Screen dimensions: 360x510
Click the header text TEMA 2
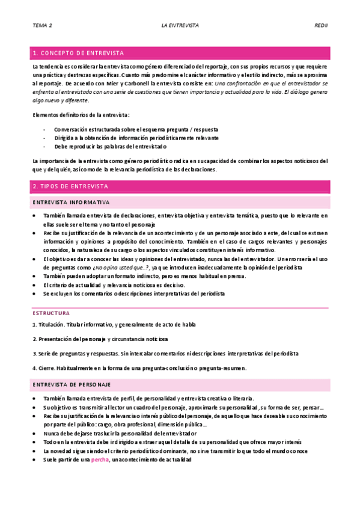point(42,26)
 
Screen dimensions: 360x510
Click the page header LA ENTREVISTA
point(180,26)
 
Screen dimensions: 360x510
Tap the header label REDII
point(320,26)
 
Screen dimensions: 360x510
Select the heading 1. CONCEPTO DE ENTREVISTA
point(79,52)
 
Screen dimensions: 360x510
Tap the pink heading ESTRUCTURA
point(51,313)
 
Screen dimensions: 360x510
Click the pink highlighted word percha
point(100,460)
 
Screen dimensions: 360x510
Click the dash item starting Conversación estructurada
point(136,129)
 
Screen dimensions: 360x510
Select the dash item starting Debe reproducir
point(110,146)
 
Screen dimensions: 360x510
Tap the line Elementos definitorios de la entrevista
point(81,114)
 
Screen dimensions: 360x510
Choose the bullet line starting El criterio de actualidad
point(114,284)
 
